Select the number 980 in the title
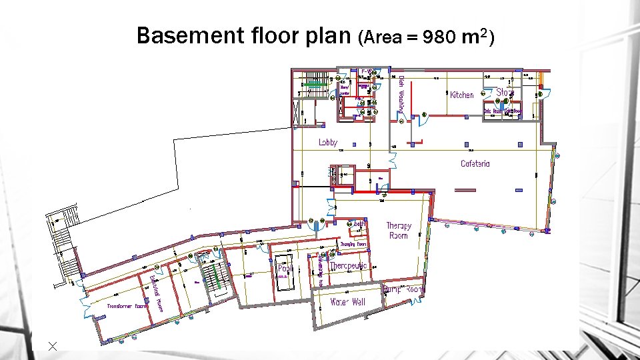[x=439, y=38]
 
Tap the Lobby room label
[x=328, y=142]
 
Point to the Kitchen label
[x=462, y=95]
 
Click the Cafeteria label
[x=475, y=163]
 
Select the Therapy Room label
[x=398, y=230]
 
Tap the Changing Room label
[x=353, y=245]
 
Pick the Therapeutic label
[x=348, y=266]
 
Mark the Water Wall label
[x=347, y=302]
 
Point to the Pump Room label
[x=403, y=289]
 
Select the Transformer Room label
[x=127, y=306]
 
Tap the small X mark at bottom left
[x=53, y=345]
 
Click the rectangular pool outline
[x=284, y=271]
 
